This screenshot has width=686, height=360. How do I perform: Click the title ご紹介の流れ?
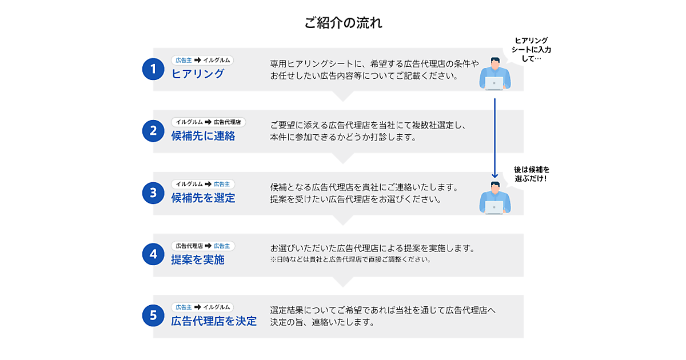click(343, 23)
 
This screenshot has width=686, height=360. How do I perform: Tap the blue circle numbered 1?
click(153, 69)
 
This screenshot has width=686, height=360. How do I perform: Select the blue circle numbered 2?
click(153, 131)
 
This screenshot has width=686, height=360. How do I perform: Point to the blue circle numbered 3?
click(153, 193)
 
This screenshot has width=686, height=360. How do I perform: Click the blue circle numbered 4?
click(153, 254)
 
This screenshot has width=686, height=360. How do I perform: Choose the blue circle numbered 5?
click(153, 315)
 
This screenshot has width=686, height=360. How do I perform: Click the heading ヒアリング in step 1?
click(198, 74)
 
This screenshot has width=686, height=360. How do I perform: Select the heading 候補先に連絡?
click(203, 136)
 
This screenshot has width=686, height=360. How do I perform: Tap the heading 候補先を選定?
click(203, 198)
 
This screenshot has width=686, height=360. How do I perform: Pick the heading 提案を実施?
click(198, 259)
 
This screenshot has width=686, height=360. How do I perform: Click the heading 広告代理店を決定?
click(214, 321)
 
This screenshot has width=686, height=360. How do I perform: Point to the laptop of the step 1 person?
click(494, 83)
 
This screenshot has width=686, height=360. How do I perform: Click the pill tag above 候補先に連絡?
click(209, 122)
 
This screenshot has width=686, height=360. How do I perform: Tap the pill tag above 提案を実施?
click(203, 246)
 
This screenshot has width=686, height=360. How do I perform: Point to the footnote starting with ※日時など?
click(350, 259)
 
